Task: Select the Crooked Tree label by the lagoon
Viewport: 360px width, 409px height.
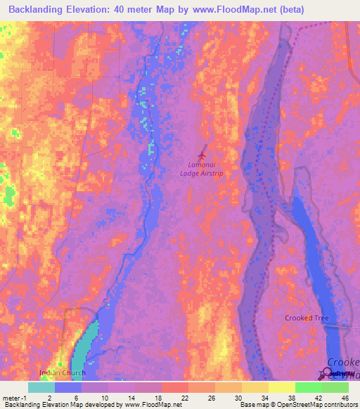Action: coord(307,318)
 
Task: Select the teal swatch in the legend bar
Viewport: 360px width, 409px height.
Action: coord(41,387)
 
